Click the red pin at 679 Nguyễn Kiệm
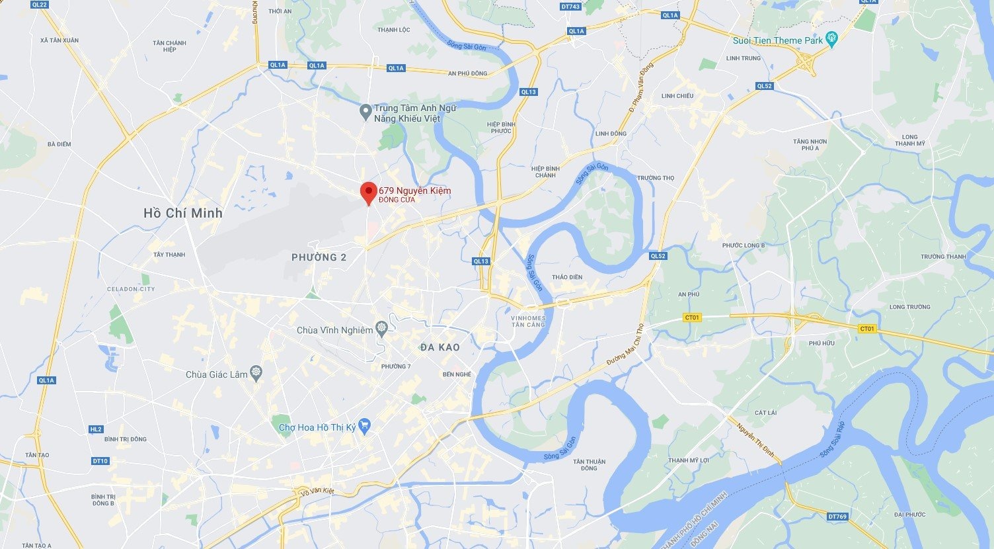[x=369, y=192]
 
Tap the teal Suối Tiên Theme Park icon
[x=832, y=40]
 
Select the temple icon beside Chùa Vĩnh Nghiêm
[x=381, y=329]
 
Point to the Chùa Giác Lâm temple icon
[x=256, y=374]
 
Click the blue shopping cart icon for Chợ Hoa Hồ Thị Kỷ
[x=364, y=426]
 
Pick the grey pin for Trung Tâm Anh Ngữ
[x=365, y=112]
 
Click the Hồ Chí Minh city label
[x=183, y=213]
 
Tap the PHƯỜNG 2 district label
[x=319, y=257]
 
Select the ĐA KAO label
[x=440, y=347]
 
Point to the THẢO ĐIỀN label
[x=567, y=277]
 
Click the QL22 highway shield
[x=40, y=5]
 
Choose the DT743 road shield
[x=570, y=7]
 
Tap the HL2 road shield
[x=96, y=429]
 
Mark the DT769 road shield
[x=837, y=517]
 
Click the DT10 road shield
[x=100, y=461]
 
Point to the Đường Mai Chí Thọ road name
[x=625, y=345]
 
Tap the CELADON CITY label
[x=131, y=289]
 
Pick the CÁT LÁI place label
[x=765, y=413]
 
